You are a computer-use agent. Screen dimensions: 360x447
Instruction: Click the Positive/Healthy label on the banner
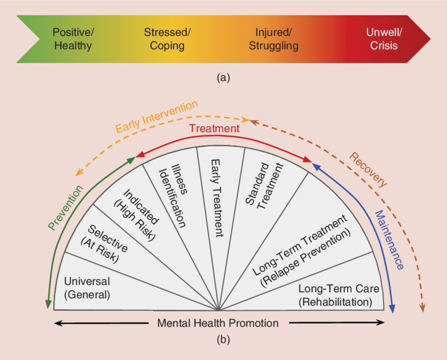[x=73, y=39]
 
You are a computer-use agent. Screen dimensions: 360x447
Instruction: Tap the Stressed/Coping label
[x=167, y=39]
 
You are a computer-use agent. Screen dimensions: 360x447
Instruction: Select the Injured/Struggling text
[x=273, y=39]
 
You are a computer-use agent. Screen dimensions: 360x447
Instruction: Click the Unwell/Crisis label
[x=384, y=39]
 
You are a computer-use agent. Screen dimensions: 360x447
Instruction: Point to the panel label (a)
[x=223, y=77]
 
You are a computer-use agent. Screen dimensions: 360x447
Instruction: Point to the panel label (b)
[x=223, y=340]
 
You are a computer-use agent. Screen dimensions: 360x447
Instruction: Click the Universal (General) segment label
[x=87, y=288]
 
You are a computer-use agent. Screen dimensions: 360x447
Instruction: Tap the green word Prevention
[x=65, y=208]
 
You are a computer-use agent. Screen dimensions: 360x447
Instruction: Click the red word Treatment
[x=214, y=128]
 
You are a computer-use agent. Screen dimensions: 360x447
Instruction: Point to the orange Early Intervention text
[x=156, y=117]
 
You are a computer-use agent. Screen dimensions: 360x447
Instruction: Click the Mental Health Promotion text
[x=218, y=323]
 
